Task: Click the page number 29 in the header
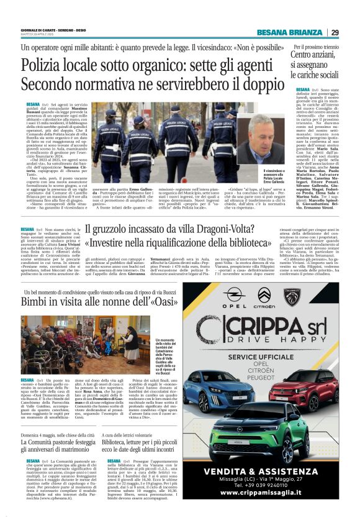pyautogui.click(x=335, y=33)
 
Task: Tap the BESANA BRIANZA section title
pyautogui.click(x=290, y=33)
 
